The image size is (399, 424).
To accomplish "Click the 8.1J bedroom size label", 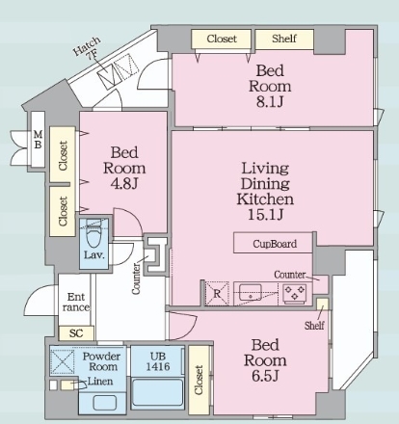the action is (x=270, y=101).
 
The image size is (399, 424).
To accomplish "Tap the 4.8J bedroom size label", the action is (x=124, y=184).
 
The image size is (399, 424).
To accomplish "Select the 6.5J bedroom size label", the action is (x=265, y=376).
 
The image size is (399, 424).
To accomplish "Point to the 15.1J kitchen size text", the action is (x=265, y=214).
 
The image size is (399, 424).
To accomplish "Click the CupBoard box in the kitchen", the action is (x=273, y=243).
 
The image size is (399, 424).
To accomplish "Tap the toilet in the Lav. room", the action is (x=93, y=233).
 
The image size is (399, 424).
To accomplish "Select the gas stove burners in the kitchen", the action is (x=295, y=293).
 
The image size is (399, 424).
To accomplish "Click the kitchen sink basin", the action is (x=251, y=292).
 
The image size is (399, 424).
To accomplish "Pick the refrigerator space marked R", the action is (x=217, y=294).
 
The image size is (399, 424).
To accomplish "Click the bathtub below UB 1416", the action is (x=157, y=392).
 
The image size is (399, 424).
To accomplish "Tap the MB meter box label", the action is (x=38, y=139).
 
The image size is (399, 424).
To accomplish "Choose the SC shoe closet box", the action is (x=76, y=333).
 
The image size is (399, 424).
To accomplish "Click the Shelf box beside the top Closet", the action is (x=284, y=39).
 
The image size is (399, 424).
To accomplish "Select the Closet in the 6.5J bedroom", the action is (x=199, y=380).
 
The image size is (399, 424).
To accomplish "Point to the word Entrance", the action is (x=76, y=302).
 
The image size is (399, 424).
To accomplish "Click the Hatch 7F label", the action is (x=88, y=48).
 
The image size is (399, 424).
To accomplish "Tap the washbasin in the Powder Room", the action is (x=104, y=403).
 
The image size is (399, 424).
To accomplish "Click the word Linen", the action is (x=100, y=382).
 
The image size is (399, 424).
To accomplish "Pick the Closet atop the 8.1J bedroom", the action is (x=221, y=39).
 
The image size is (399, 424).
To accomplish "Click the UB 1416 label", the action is (x=158, y=361).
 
